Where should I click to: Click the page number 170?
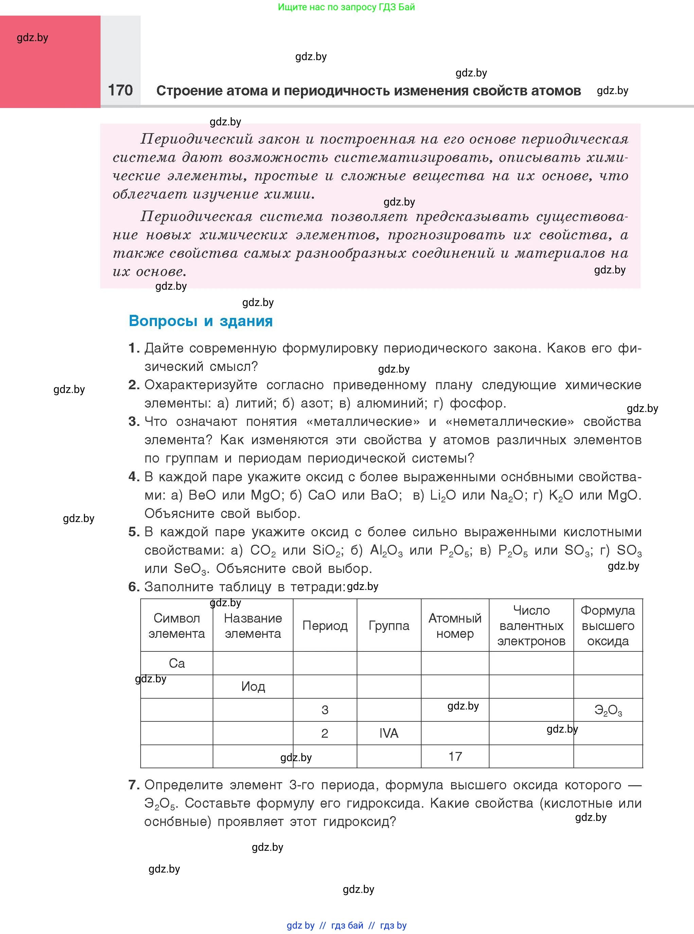120,90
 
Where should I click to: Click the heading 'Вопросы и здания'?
200,321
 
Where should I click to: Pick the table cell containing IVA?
389,733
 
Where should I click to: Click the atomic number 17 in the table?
455,756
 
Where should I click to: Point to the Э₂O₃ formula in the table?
608,710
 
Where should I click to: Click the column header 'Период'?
325,625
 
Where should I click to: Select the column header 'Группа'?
389,625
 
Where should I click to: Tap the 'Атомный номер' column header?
455,625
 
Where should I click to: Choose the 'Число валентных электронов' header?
531,625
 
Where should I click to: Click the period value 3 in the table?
325,710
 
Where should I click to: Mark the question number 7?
133,785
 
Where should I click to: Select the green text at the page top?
346,7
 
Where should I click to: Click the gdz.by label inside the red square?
32,38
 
